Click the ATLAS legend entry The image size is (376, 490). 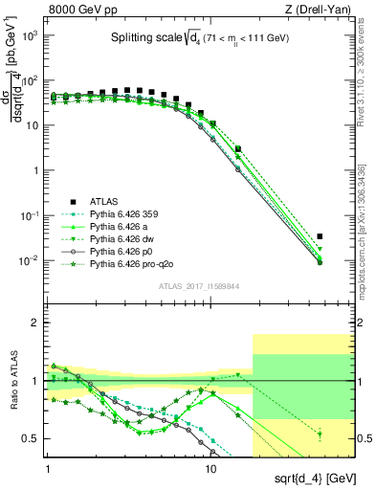[103, 202]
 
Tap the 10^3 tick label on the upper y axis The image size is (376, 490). [31, 35]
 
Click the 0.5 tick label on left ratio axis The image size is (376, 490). [33, 439]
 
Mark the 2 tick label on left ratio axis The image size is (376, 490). [37, 323]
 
